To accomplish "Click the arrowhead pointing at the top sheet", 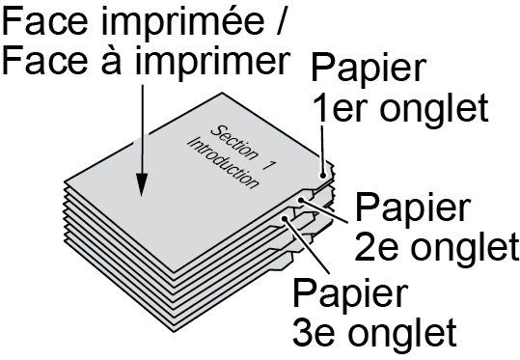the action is [142, 184].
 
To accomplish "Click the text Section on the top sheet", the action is [234, 143].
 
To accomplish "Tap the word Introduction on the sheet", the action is [223, 163].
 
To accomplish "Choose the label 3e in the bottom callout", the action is [314, 332].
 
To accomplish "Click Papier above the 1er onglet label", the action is [369, 70].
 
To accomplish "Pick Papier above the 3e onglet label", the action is [349, 294].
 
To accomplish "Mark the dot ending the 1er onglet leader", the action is [322, 175].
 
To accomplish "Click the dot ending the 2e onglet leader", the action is [301, 200].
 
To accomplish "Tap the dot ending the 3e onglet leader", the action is [285, 218].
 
